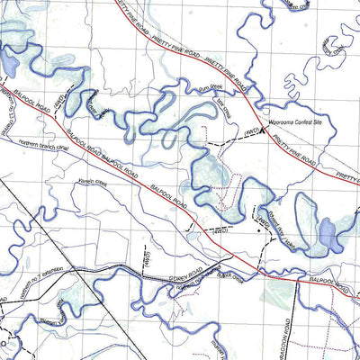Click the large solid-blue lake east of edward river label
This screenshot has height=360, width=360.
pos(326,236)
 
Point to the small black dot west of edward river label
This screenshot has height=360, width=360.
pos(260,232)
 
